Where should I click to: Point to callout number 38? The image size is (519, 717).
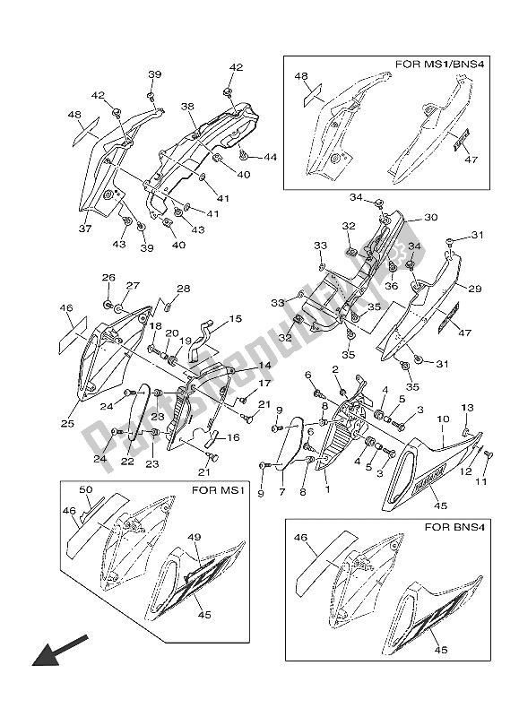187,106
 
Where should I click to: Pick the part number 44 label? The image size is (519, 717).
246,157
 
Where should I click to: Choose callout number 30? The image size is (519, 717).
430,218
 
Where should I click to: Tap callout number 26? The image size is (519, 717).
108,278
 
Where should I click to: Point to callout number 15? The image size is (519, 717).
236,319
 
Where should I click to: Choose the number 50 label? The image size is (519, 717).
86,489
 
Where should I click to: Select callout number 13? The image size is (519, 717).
466,409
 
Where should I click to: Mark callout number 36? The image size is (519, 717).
391,286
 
